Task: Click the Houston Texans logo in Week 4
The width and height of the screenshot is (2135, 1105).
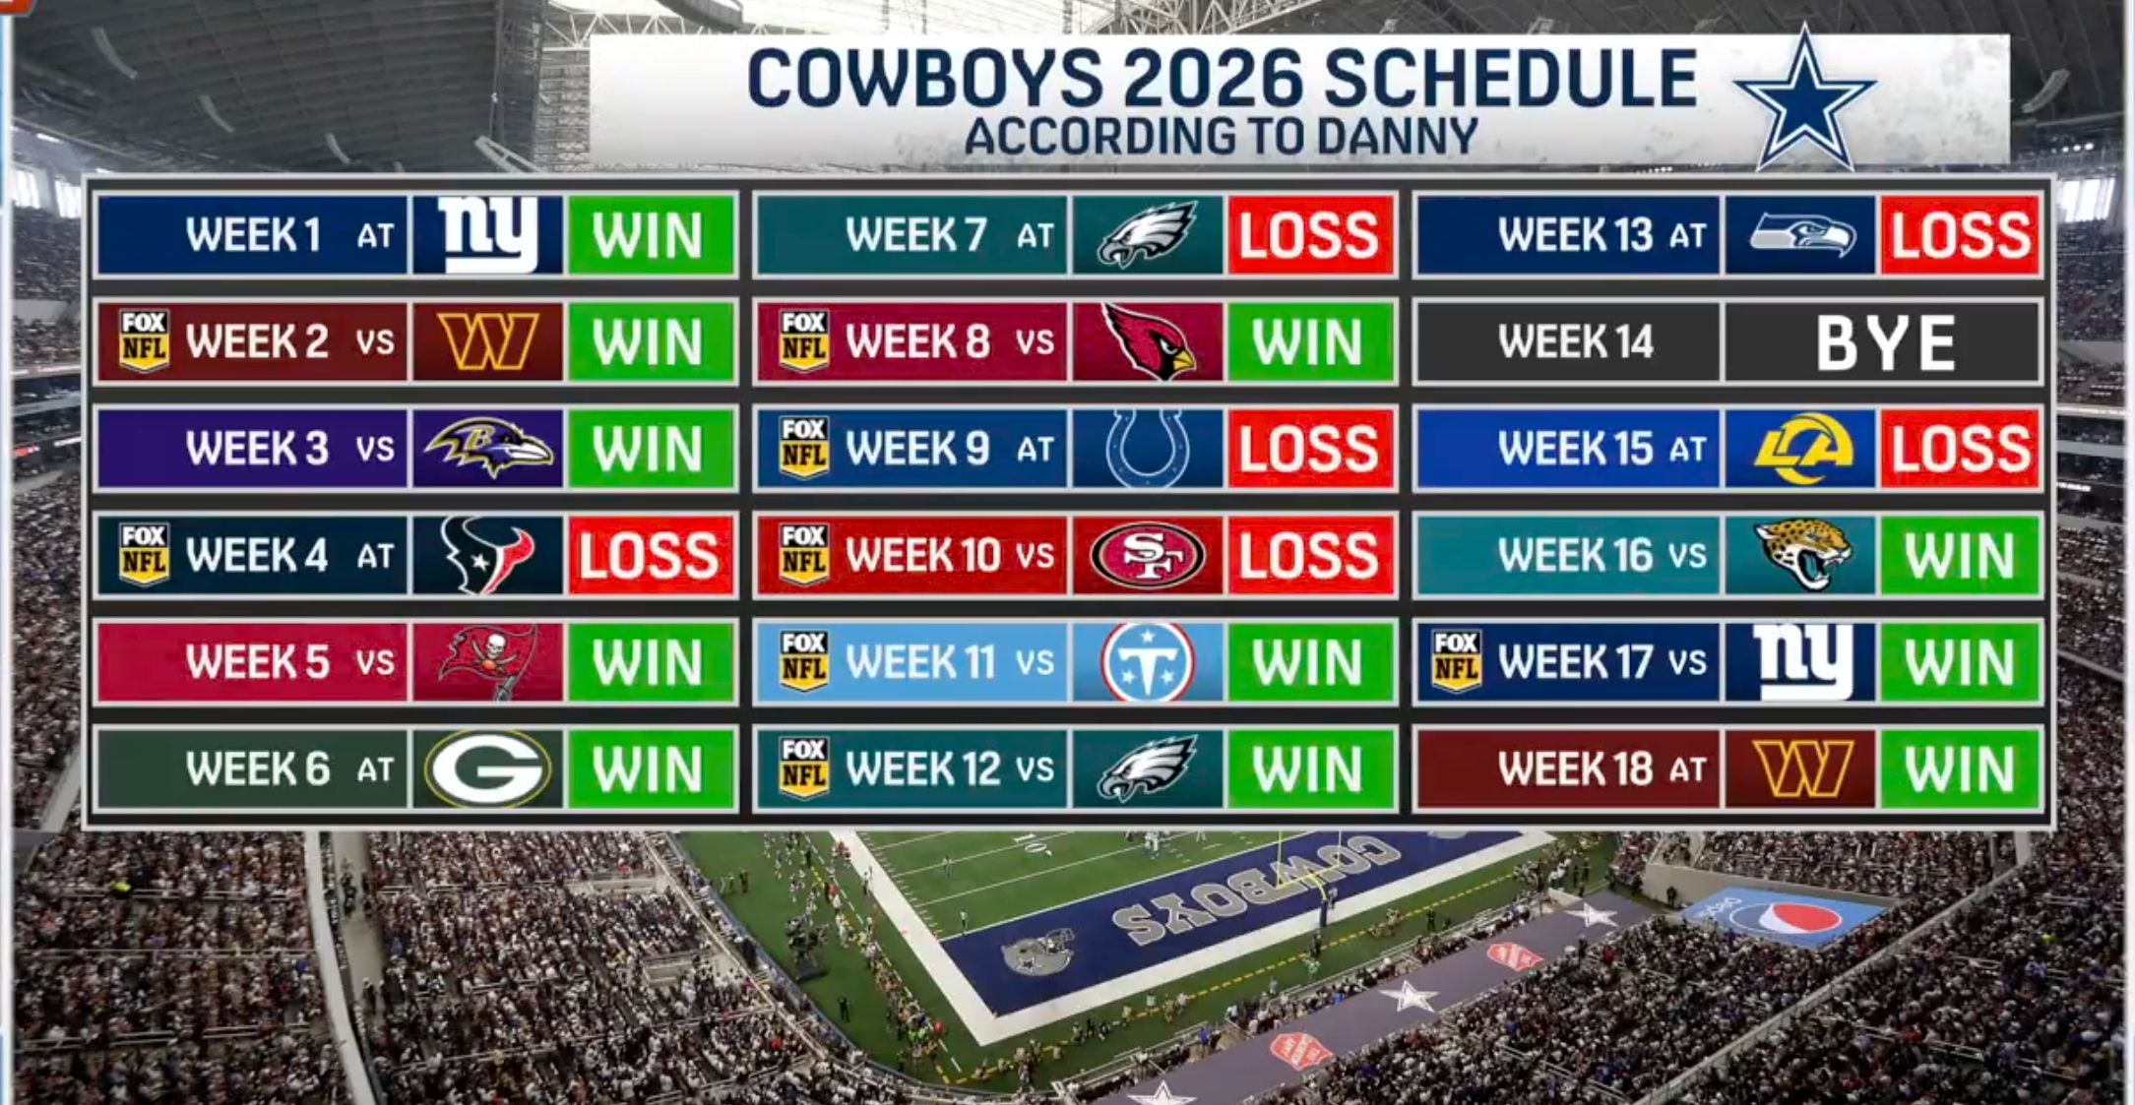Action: (x=487, y=555)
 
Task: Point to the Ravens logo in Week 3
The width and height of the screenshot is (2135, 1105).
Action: (x=488, y=448)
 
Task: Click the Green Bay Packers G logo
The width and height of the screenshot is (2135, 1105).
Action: (x=487, y=768)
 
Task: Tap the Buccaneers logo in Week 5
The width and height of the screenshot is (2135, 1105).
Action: (x=488, y=661)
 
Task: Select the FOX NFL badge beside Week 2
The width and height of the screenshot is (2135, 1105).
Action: (x=144, y=340)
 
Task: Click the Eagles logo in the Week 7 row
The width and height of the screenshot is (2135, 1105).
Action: (x=1147, y=234)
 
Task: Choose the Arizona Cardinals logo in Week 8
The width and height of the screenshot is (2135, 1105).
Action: (x=1148, y=341)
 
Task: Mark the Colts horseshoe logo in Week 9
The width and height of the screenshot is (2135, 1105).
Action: (x=1148, y=449)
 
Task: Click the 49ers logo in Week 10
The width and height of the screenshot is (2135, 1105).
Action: (x=1148, y=555)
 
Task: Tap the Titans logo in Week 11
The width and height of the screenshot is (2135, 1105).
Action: (x=1148, y=661)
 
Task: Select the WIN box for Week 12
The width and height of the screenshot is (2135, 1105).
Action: (x=1310, y=768)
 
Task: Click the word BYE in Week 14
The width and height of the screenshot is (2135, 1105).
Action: (x=1885, y=342)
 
